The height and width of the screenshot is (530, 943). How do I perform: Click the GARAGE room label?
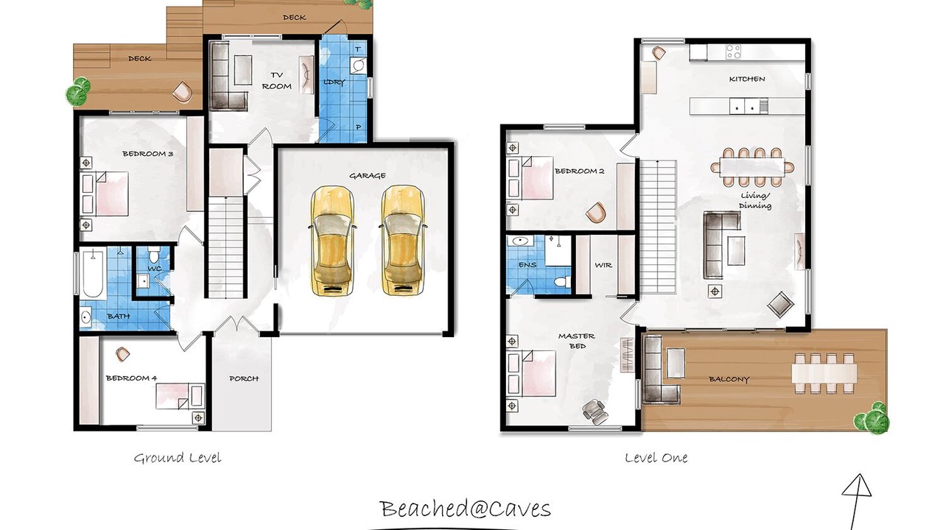click(x=367, y=176)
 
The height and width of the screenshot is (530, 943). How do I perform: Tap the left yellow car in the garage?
click(x=332, y=240)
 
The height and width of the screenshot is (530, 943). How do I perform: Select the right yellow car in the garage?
click(x=402, y=240)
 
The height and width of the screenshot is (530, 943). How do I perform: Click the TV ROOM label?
click(x=276, y=81)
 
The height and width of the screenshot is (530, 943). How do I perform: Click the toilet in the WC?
click(x=154, y=254)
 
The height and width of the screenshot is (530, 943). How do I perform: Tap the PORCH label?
click(x=244, y=378)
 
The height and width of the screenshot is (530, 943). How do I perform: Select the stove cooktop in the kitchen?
click(x=733, y=52)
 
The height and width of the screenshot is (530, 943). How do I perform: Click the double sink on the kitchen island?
click(x=744, y=107)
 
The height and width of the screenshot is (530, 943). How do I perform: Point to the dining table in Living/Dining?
click(x=752, y=167)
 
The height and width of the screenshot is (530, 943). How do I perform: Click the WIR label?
click(x=603, y=266)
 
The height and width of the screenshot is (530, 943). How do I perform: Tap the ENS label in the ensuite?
click(x=527, y=264)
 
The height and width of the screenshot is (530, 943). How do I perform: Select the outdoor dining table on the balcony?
click(x=824, y=373)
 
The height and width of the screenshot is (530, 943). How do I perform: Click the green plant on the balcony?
click(x=872, y=418)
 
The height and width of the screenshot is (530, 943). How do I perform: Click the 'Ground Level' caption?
click(x=178, y=458)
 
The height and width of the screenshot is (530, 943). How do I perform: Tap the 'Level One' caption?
click(x=656, y=458)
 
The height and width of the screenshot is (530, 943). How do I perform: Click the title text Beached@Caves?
click(x=465, y=508)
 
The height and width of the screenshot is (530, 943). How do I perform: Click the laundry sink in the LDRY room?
click(x=358, y=66)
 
